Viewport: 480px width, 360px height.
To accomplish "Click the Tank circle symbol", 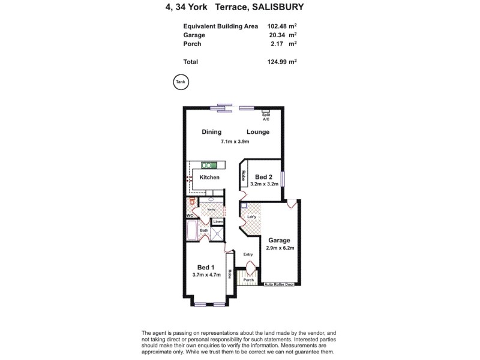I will click(x=180, y=83).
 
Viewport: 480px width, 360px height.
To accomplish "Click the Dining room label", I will click(x=211, y=132).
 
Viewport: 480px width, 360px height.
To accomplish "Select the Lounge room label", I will click(x=257, y=132).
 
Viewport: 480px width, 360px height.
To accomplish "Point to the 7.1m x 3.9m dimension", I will click(x=235, y=142).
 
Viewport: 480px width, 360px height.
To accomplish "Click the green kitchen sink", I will click(x=209, y=164).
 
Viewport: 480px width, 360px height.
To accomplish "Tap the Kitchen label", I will click(x=209, y=178).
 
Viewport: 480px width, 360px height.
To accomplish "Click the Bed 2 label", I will click(x=265, y=177).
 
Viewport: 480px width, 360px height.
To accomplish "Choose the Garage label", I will click(x=279, y=239).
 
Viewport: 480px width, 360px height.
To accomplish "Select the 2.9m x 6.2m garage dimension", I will click(x=279, y=248).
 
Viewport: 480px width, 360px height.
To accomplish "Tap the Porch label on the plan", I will click(x=248, y=280).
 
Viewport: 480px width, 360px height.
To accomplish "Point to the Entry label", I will click(x=248, y=254).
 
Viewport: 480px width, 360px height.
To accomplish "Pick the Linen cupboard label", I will click(x=218, y=222).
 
